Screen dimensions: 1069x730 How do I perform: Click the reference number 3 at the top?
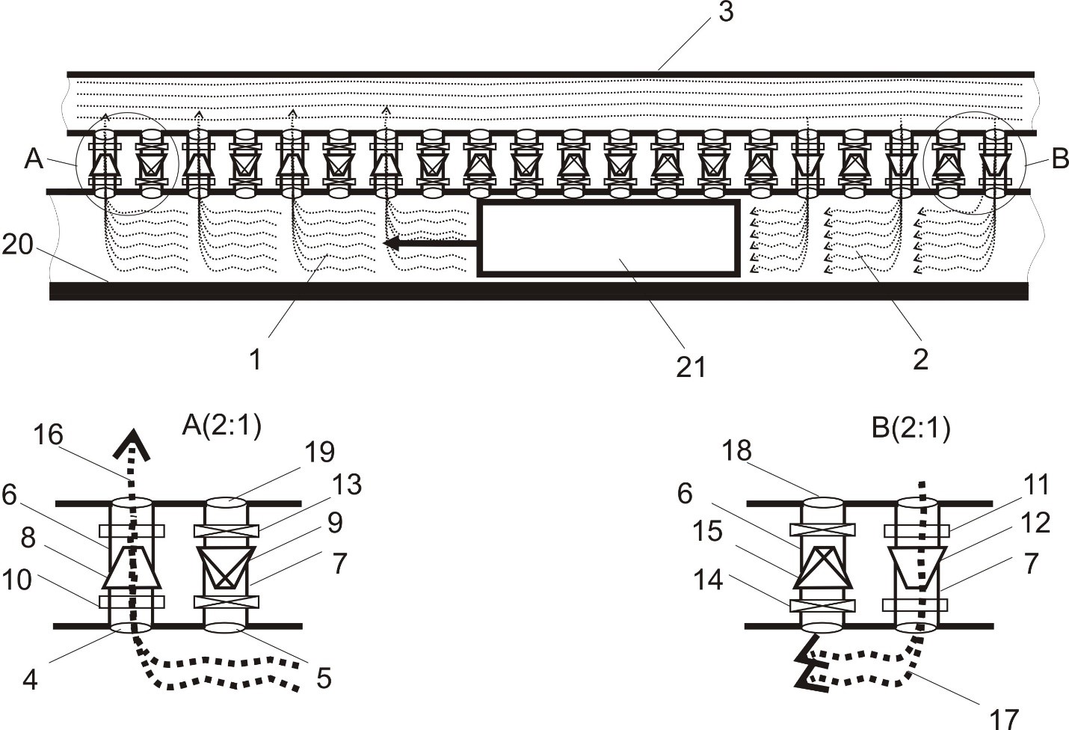(x=726, y=12)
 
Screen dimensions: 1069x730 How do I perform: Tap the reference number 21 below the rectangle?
(x=691, y=368)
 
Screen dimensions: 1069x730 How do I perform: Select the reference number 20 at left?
(x=18, y=245)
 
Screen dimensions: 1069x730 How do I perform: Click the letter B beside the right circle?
(x=1060, y=159)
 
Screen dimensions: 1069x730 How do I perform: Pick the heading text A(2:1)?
(x=222, y=426)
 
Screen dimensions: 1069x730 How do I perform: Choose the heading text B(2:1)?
(x=911, y=429)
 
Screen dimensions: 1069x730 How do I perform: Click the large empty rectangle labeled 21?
(x=609, y=238)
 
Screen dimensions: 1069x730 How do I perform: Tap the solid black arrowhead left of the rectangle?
(x=392, y=244)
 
